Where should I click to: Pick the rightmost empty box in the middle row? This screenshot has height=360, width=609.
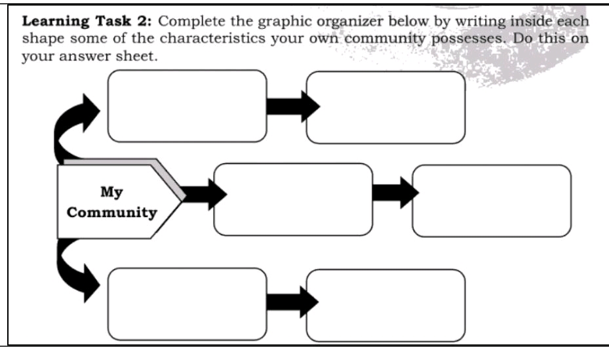click(491, 201)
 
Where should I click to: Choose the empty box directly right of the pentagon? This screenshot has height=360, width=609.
click(292, 199)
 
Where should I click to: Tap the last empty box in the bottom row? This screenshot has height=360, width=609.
click(385, 305)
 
